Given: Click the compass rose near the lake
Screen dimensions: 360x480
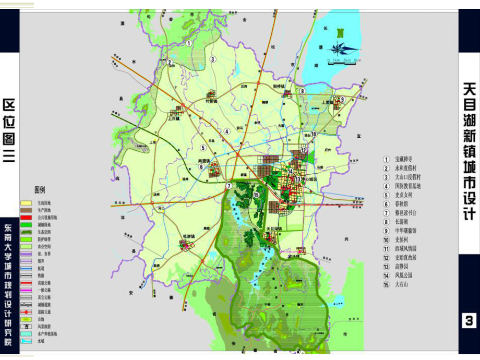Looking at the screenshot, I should point(342,49).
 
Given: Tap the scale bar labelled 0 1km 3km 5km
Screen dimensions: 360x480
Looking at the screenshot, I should point(344,61).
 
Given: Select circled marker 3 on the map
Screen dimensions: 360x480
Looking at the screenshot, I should point(213,59).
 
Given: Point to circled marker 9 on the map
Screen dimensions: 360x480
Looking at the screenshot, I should point(342,99).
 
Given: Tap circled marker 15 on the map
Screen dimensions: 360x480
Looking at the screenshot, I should point(256,195).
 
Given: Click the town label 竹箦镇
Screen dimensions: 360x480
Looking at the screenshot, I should point(211,103).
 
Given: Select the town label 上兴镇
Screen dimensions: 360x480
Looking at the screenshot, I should point(174,118).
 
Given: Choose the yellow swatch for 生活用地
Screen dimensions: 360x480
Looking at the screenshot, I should point(26,202).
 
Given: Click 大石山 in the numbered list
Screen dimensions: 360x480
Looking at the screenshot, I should point(402,284).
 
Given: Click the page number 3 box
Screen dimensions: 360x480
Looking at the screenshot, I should point(469,320).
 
